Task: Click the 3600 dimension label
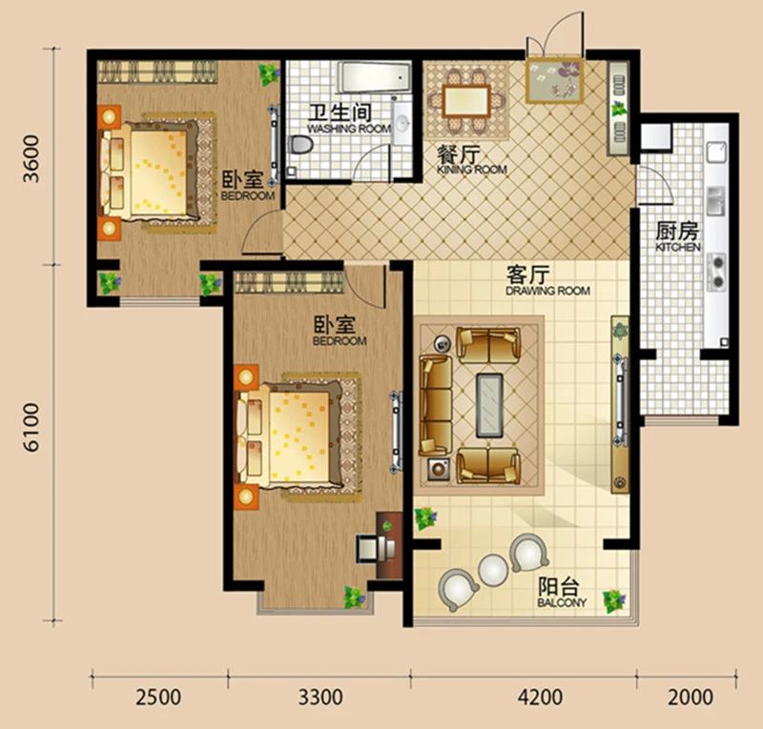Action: [x=31, y=158]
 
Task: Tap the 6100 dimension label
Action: [x=31, y=428]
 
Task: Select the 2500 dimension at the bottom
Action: [x=158, y=697]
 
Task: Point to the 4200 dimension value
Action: [x=540, y=697]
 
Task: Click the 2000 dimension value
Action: [x=690, y=697]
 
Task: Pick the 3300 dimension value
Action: [x=320, y=697]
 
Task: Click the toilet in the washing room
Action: [x=299, y=145]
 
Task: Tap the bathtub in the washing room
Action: [x=374, y=77]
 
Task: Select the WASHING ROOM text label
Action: [x=349, y=129]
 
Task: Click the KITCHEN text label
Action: [x=678, y=247]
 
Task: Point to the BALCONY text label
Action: [x=562, y=602]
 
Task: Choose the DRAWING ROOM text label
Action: [x=547, y=291]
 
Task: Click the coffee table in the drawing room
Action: [x=489, y=405]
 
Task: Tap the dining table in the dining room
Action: [x=466, y=101]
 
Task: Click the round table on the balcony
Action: [x=494, y=569]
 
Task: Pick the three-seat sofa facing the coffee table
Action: [x=436, y=405]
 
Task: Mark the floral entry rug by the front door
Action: [x=554, y=80]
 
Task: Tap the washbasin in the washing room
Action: [x=402, y=123]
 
